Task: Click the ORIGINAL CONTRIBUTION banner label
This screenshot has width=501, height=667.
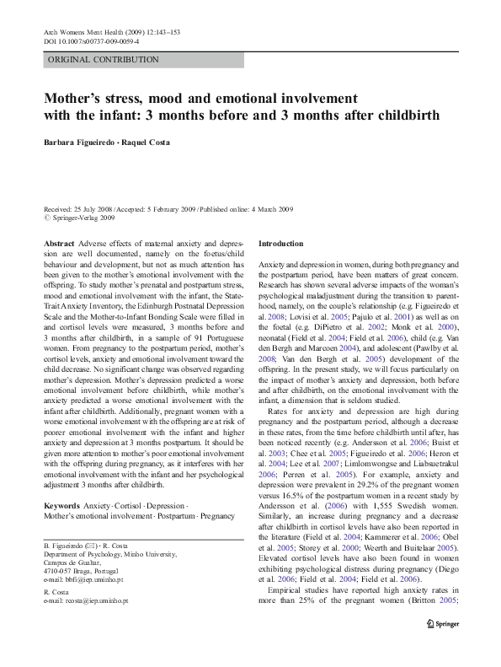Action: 104,60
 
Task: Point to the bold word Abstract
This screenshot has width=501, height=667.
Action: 60,243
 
